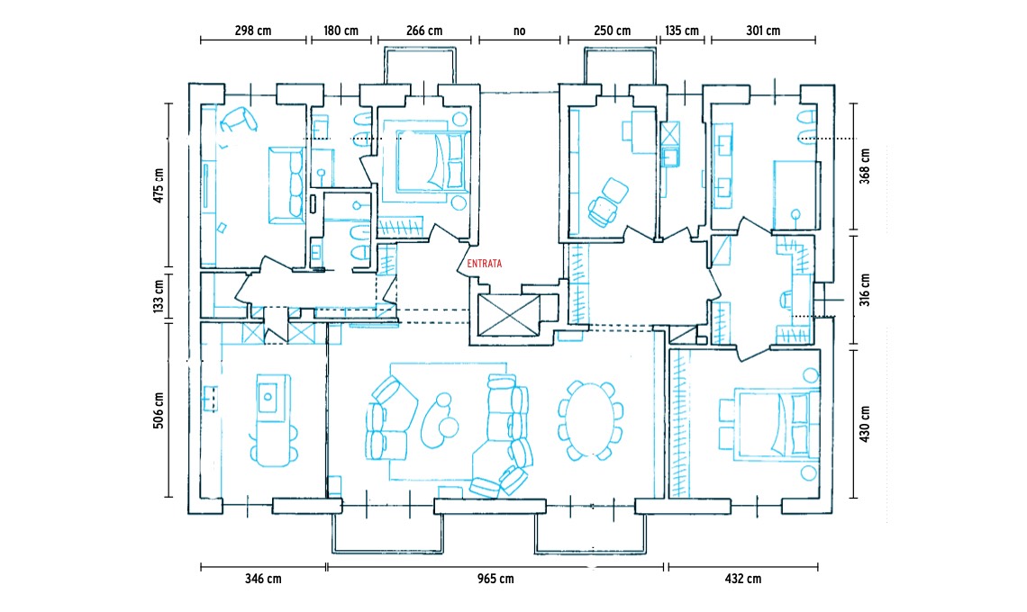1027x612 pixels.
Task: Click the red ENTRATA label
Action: pos(484,264)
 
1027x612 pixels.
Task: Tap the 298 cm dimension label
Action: pos(253,31)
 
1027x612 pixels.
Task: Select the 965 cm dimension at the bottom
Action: pos(495,579)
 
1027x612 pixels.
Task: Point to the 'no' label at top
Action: pos(520,31)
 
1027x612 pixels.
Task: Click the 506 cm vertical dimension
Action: pos(159,410)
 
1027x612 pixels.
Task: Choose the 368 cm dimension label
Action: pos(865,166)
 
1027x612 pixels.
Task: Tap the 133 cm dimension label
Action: pos(159,296)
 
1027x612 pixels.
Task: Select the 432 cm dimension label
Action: pos(742,579)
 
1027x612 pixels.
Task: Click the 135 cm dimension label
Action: pos(682,31)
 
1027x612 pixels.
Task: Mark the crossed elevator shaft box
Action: pos(509,315)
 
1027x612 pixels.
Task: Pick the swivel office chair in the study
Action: pos(608,202)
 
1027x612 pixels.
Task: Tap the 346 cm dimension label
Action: pos(263,579)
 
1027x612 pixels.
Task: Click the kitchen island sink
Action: pos(268,394)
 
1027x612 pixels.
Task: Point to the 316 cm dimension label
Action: pos(865,290)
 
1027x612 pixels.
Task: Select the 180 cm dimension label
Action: pos(341,31)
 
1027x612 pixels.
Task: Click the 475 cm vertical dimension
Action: pos(159,185)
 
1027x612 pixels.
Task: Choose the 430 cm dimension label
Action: pos(865,424)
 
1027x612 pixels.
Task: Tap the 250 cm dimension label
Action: pos(613,31)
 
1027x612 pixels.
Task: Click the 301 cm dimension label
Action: pos(763,31)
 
